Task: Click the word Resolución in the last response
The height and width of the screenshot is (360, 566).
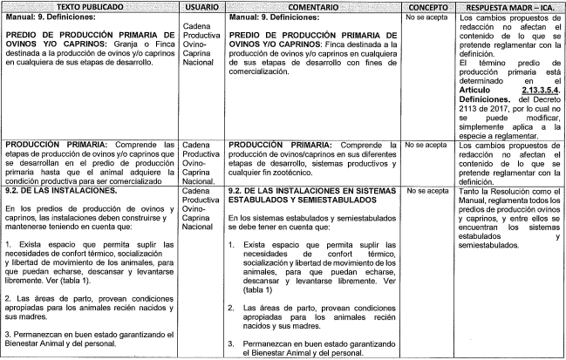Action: pos(506,189)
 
